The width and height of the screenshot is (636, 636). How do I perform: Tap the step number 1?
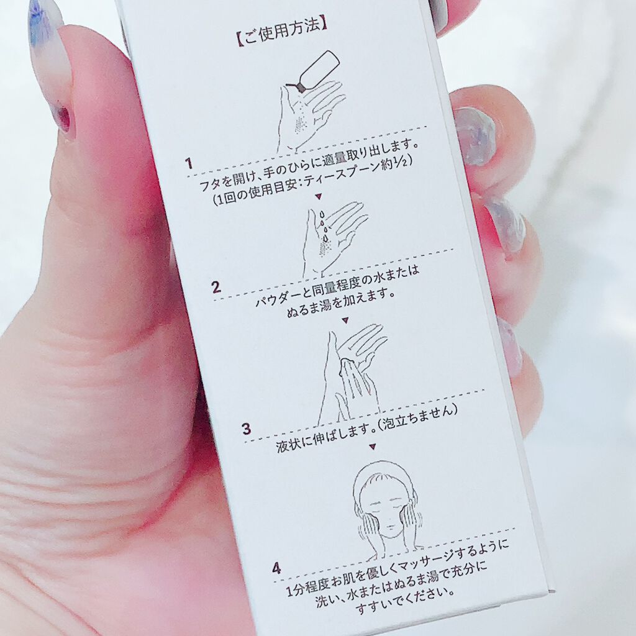point(189,164)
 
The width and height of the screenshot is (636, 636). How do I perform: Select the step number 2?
point(216,287)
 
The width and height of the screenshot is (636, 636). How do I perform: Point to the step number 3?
point(247,429)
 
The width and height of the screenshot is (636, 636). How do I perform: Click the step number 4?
point(276,568)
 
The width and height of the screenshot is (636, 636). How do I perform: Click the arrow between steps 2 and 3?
point(345,321)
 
